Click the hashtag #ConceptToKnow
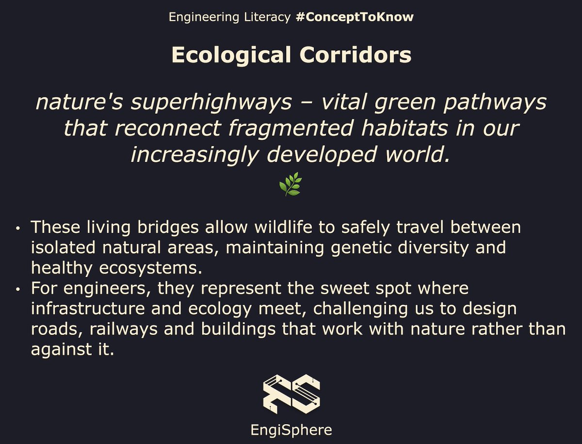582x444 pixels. pyautogui.click(x=354, y=17)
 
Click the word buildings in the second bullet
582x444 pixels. pyautogui.click(x=240, y=329)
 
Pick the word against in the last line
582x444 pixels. pyautogui.click(x=58, y=349)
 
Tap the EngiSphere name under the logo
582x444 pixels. pyautogui.click(x=291, y=430)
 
